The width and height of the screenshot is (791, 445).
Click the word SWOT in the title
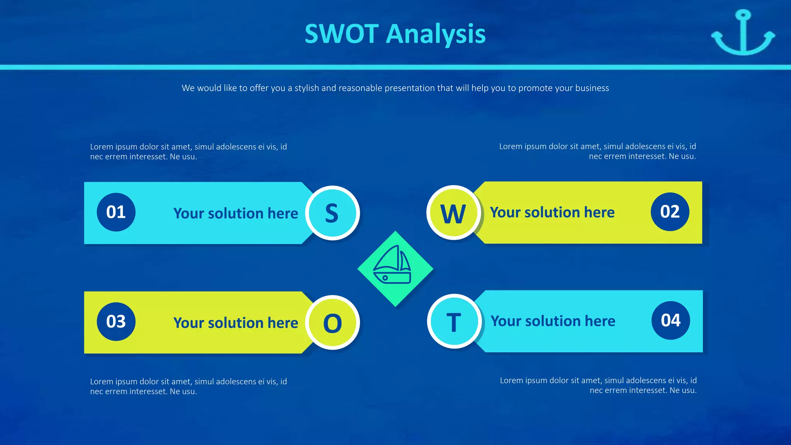341,34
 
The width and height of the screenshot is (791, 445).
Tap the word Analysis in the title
436,34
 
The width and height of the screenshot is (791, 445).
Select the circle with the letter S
332,213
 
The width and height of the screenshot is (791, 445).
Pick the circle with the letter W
453,213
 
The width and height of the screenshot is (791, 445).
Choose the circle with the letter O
332,323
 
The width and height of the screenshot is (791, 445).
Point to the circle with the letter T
454,321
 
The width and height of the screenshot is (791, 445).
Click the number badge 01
116,212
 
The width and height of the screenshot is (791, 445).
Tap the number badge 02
670,212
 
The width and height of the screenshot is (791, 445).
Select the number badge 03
116,321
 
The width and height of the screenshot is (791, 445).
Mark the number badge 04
670,320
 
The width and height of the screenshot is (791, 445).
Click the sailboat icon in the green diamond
392,266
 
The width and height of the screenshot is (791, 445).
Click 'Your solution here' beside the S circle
236,213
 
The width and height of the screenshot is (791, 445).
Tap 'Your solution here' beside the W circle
552,212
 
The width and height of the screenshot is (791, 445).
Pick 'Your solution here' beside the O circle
236,323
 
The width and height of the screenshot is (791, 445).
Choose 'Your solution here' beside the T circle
553,321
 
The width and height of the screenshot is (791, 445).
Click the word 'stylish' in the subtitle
307,88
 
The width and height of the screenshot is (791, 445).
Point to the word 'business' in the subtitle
592,88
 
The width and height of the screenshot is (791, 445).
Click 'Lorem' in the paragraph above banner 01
101,147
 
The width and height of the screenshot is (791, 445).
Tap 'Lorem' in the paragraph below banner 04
511,380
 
